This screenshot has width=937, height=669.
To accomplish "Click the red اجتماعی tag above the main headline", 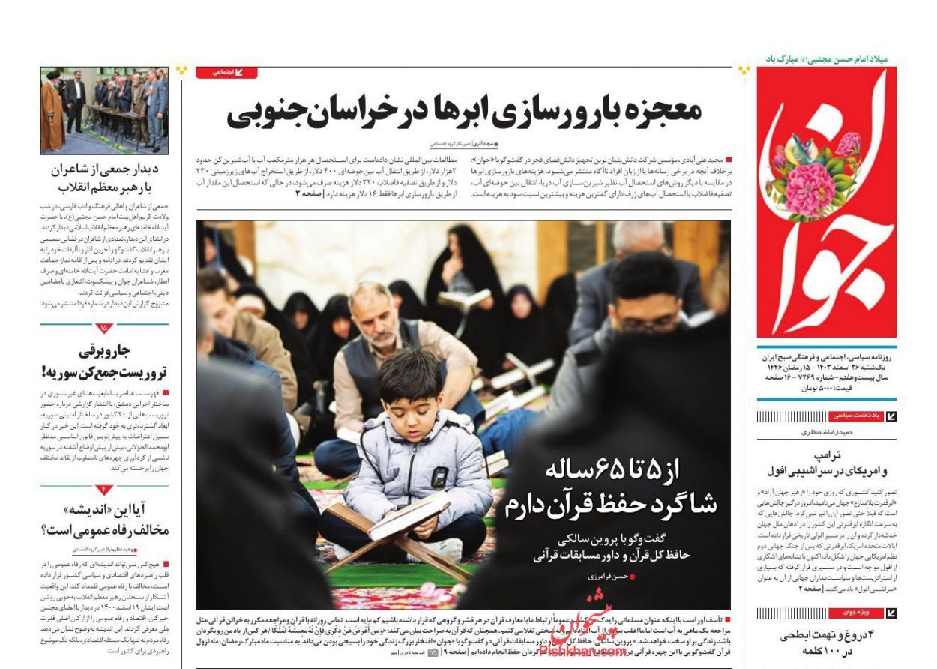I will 226,72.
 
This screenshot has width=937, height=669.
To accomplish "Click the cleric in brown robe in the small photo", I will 52,112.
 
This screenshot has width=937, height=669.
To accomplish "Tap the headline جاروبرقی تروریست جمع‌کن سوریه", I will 105,360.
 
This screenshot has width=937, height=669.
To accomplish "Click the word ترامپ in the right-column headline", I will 827,455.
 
